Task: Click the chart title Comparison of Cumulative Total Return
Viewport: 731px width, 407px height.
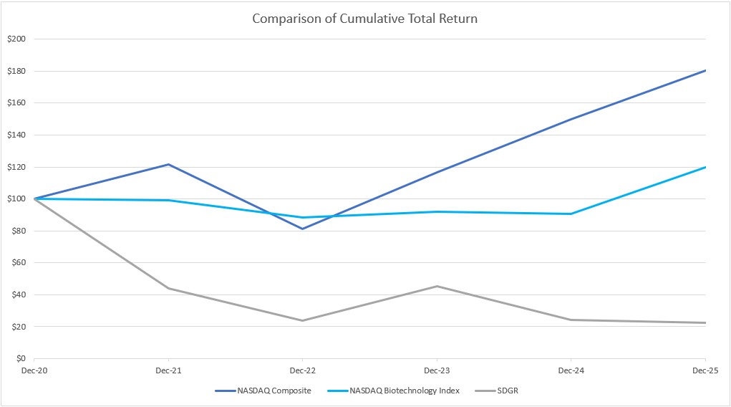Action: click(x=364, y=19)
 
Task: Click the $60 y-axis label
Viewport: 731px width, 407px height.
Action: click(x=17, y=262)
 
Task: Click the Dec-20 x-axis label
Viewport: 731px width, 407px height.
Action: click(x=34, y=370)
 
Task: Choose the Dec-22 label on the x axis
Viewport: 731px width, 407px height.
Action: click(x=302, y=370)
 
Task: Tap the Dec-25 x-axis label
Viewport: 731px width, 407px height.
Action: click(x=705, y=370)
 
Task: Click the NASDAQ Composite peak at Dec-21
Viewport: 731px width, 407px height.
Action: click(x=168, y=164)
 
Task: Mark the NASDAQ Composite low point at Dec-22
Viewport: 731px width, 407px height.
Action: click(x=302, y=229)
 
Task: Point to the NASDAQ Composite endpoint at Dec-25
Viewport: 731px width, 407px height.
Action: click(x=705, y=70)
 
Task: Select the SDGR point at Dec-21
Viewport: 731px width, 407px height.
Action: click(x=168, y=288)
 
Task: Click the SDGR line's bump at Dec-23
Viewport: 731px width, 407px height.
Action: click(x=437, y=286)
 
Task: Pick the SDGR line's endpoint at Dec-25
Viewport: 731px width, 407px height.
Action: click(x=705, y=322)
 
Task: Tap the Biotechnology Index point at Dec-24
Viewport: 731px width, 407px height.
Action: click(x=571, y=214)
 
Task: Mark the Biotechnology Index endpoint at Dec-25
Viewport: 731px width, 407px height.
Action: click(x=705, y=167)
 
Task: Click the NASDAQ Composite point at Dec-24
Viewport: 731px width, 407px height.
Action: click(x=571, y=119)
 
